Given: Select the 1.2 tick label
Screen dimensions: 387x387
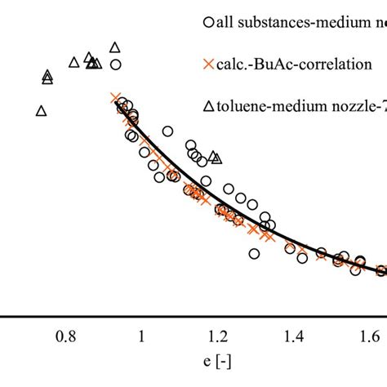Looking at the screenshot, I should pyautogui.click(x=217, y=336).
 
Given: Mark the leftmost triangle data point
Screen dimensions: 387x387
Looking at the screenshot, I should pyautogui.click(x=42, y=110).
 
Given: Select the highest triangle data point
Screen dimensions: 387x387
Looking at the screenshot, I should pyautogui.click(x=115, y=47).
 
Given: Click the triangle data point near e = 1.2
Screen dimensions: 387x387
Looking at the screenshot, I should pyautogui.click(x=215, y=156).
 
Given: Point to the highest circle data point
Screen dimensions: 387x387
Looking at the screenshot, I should pyautogui.click(x=116, y=64).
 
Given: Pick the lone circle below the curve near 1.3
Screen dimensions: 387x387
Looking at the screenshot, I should pyautogui.click(x=255, y=254).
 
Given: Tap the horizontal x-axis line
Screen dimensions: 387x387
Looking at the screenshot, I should pyautogui.click(x=193, y=314).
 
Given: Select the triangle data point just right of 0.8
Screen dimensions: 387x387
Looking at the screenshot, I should pyautogui.click(x=74, y=61).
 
